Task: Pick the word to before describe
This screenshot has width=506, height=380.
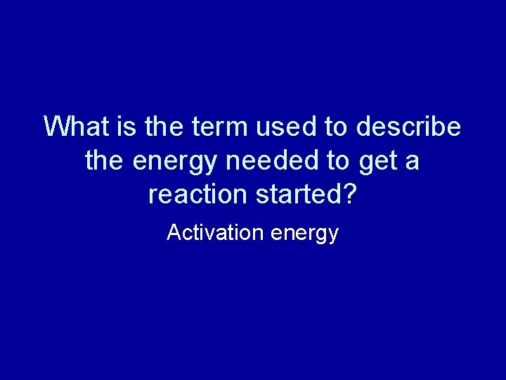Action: point(337,127)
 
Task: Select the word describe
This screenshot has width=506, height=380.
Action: point(409,127)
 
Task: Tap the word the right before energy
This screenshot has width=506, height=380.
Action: point(105,160)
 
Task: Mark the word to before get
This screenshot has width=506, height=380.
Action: point(337,160)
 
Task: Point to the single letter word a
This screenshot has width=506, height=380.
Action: point(413,162)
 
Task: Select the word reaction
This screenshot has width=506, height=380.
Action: point(199,194)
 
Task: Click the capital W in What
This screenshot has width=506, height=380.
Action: point(56,127)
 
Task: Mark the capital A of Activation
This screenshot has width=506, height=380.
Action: point(173,232)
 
